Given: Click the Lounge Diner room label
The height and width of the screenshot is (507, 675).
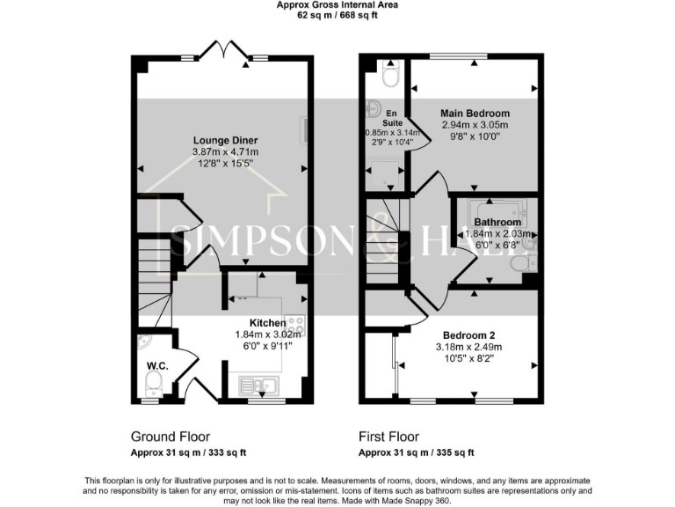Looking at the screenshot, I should (226, 141).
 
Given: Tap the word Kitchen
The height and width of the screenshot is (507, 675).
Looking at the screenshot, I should (267, 323).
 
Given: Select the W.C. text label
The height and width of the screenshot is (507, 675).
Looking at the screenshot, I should (158, 365).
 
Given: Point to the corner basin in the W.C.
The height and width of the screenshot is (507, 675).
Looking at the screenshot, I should (144, 342).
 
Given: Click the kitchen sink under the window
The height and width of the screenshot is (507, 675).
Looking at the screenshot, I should (258, 385).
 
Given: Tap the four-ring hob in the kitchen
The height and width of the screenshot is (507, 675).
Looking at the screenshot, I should (295, 323).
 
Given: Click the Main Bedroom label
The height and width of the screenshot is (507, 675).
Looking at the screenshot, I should (475, 114).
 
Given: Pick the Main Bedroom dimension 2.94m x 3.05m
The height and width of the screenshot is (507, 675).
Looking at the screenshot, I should (475, 125).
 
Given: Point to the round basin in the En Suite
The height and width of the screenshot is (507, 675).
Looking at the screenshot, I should (374, 111).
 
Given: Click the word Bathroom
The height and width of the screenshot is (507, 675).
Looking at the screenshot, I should (497, 223).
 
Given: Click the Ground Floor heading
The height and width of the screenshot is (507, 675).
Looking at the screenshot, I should (171, 437).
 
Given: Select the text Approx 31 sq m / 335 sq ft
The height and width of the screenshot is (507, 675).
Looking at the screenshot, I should (416, 453).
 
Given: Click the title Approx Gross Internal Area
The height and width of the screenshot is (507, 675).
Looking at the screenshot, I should (337, 5).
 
